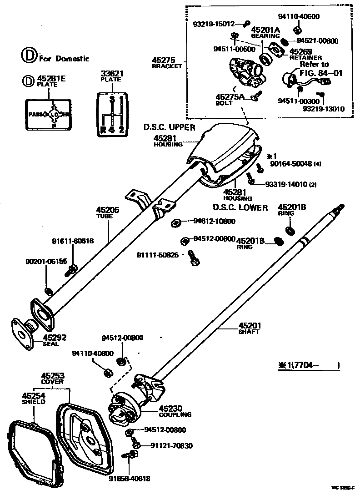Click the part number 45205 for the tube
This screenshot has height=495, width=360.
pyautogui.click(x=107, y=210)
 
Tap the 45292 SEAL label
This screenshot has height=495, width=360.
pyautogui.click(x=55, y=340)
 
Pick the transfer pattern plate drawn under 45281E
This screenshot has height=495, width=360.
pyautogui.click(x=47, y=114)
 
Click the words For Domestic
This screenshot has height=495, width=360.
pyautogui.click(x=64, y=58)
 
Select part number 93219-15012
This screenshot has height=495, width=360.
pyautogui.click(x=213, y=24)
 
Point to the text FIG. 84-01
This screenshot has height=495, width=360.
pyautogui.click(x=321, y=72)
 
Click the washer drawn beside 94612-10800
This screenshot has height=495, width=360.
pyautogui.click(x=176, y=223)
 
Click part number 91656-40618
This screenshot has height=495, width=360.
pyautogui.click(x=129, y=478)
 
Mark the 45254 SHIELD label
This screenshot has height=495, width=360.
pyautogui.click(x=34, y=399)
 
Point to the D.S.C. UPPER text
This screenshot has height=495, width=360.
pyautogui.click(x=169, y=127)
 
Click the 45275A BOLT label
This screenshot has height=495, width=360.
pyautogui.click(x=230, y=99)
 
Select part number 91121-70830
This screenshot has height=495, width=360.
pyautogui.click(x=168, y=446)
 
